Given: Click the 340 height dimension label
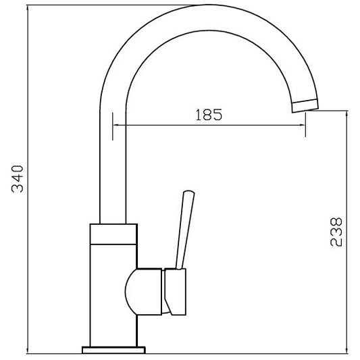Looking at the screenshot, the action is (x=18, y=178).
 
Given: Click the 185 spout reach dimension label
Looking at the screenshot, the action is (x=209, y=115).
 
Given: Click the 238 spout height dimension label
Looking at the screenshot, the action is (x=336, y=232).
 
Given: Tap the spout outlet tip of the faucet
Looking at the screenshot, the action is (x=305, y=106).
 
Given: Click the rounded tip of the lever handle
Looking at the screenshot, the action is (x=188, y=192).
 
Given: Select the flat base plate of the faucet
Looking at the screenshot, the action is (x=113, y=356).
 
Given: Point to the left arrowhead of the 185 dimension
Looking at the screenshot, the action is (x=116, y=125).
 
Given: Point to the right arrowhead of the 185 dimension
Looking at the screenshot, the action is (x=302, y=125).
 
